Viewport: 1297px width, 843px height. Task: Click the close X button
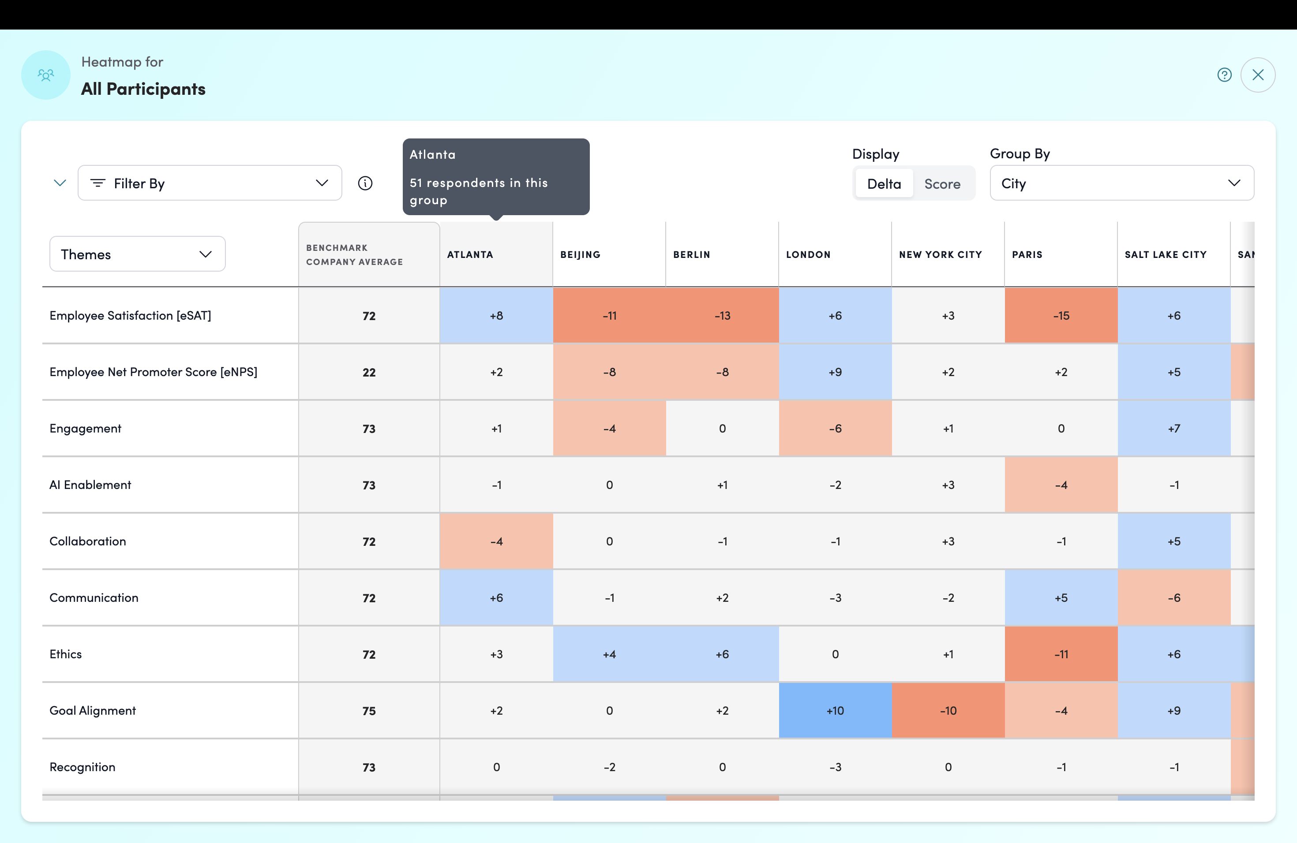coord(1257,75)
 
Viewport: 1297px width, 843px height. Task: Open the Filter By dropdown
coord(210,183)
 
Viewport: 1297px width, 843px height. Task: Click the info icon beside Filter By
coord(365,183)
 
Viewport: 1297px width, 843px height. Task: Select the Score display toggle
coord(942,183)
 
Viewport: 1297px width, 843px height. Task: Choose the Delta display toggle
coord(884,183)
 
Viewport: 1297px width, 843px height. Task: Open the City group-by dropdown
coord(1121,183)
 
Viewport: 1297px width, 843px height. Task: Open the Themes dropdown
coord(137,254)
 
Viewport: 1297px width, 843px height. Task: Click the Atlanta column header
coord(470,254)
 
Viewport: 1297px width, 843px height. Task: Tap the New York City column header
coord(940,254)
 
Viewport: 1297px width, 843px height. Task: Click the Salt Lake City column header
coord(1166,254)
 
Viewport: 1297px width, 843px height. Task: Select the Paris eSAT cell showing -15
coord(1061,315)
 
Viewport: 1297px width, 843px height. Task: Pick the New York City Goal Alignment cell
coord(948,710)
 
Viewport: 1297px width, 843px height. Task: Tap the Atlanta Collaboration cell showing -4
coord(496,541)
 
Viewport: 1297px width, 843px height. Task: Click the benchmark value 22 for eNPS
coord(369,373)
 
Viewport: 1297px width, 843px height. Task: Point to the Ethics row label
coord(65,654)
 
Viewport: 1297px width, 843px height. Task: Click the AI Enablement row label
coord(90,485)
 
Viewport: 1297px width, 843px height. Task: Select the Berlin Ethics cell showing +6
coord(723,654)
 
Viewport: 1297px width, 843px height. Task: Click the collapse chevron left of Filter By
coord(60,183)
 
